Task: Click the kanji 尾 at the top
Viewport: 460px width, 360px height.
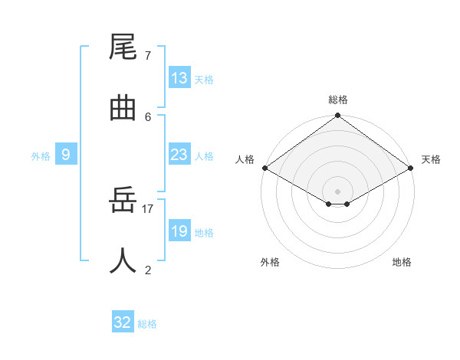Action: point(123,48)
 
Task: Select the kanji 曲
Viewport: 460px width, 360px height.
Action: point(123,108)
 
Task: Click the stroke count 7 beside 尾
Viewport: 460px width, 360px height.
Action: point(148,56)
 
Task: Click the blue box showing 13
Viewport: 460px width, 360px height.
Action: point(179,78)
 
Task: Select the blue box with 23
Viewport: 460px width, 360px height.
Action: point(179,155)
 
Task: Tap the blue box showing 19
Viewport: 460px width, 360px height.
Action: point(179,231)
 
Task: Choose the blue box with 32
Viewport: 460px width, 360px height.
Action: point(123,322)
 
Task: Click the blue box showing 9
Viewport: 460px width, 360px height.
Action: point(66,155)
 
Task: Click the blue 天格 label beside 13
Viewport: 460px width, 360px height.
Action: point(203,79)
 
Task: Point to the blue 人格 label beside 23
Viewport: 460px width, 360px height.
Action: point(203,155)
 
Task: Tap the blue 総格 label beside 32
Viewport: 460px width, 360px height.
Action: point(147,323)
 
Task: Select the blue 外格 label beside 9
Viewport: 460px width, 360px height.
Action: point(41,155)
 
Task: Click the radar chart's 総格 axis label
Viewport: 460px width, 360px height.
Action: point(338,100)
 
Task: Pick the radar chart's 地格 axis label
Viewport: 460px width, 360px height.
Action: point(402,262)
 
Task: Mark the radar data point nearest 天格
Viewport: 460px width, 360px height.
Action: point(412,169)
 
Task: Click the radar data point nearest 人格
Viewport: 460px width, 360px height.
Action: point(264,169)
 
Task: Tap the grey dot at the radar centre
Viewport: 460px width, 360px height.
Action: point(338,191)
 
